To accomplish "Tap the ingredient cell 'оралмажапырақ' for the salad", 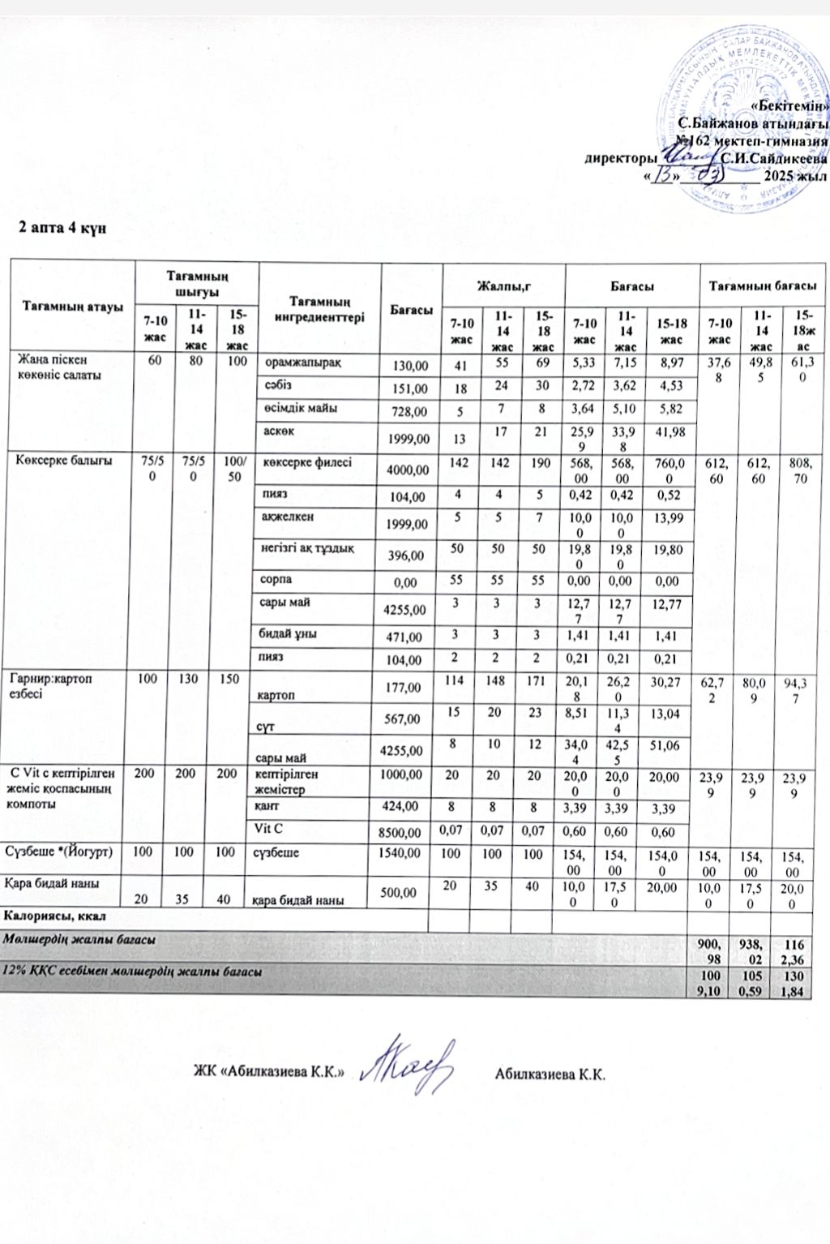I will coord(304,362).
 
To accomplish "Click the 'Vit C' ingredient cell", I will coord(268,827).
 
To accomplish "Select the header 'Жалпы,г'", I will coord(503,286).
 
